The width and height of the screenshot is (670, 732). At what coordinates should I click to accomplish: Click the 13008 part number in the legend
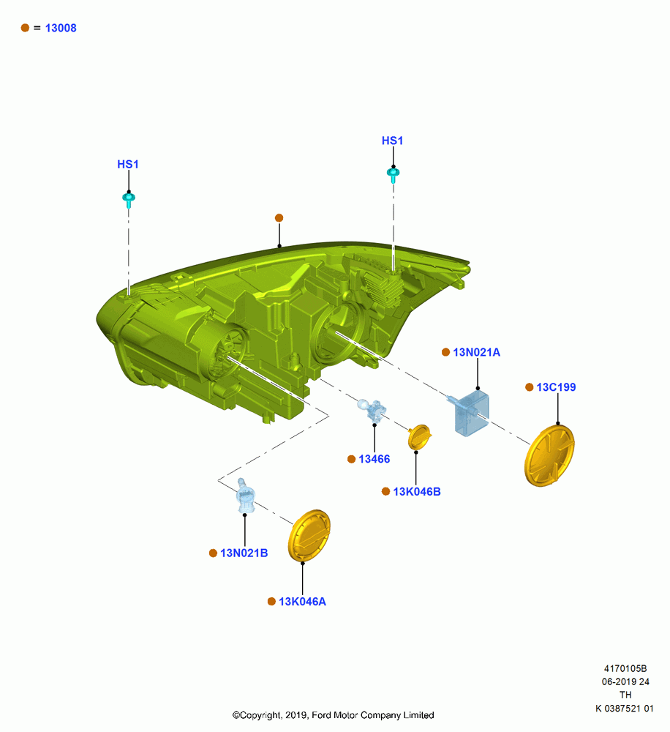(61, 28)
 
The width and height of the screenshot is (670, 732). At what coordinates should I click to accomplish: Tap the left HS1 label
(128, 164)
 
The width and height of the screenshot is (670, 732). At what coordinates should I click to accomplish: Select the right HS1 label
(392, 141)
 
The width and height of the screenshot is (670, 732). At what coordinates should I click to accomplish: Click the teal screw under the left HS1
(129, 199)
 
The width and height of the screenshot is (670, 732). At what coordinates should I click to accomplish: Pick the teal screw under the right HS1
(394, 175)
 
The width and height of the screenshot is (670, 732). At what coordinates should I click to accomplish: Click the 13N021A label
(476, 353)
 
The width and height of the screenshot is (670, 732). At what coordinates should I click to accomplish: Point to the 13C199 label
(556, 387)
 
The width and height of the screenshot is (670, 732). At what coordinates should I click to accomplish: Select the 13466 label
(374, 460)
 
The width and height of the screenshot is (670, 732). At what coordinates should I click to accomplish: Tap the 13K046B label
(417, 492)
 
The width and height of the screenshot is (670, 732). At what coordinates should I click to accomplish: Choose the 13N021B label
(244, 553)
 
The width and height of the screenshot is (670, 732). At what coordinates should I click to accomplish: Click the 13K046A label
(302, 602)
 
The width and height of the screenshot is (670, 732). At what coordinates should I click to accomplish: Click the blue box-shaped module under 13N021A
(470, 413)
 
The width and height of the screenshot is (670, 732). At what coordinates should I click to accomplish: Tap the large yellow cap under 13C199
(549, 455)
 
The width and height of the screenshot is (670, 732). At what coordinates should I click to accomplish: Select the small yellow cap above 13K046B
(419, 437)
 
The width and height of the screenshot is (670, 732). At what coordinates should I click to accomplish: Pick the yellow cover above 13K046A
(309, 536)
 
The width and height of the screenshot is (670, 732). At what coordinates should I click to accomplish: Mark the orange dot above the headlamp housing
(279, 218)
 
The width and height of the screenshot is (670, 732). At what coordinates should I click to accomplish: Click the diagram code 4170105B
(625, 669)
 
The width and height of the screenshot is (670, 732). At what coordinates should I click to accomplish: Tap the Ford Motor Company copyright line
(333, 715)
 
